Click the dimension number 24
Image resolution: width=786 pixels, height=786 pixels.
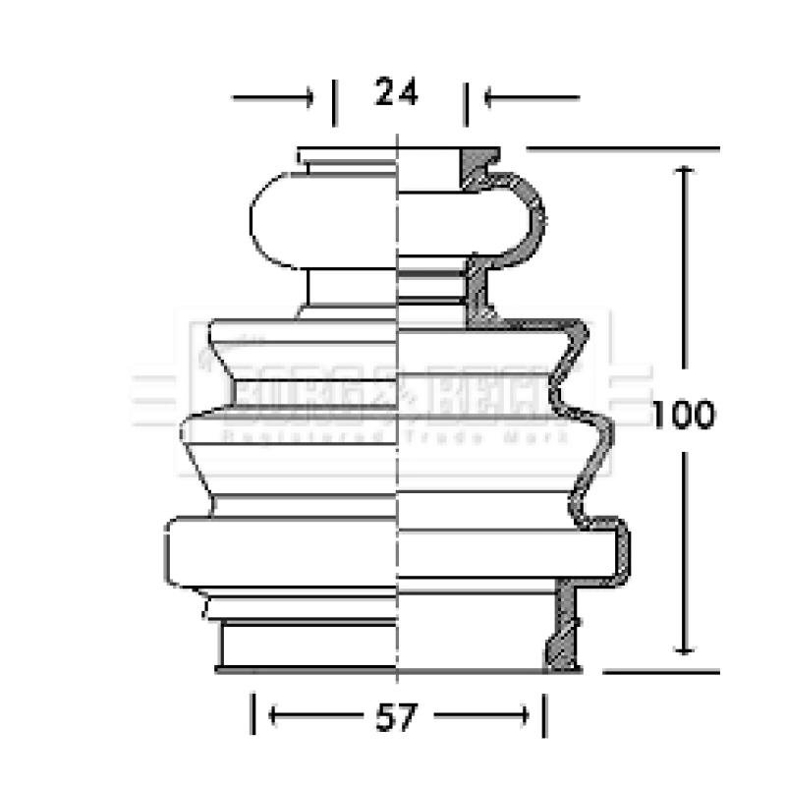coord(395,93)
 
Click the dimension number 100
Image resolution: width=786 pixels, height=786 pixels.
coord(684,415)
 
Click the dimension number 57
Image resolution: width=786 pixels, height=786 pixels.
coord(396,717)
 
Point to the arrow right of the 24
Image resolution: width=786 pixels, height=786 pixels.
coord(532,97)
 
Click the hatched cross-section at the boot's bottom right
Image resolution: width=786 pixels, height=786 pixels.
coord(564,629)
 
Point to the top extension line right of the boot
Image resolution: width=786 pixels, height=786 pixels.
coord(624,149)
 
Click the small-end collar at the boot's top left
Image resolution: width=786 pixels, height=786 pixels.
coord(345,157)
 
